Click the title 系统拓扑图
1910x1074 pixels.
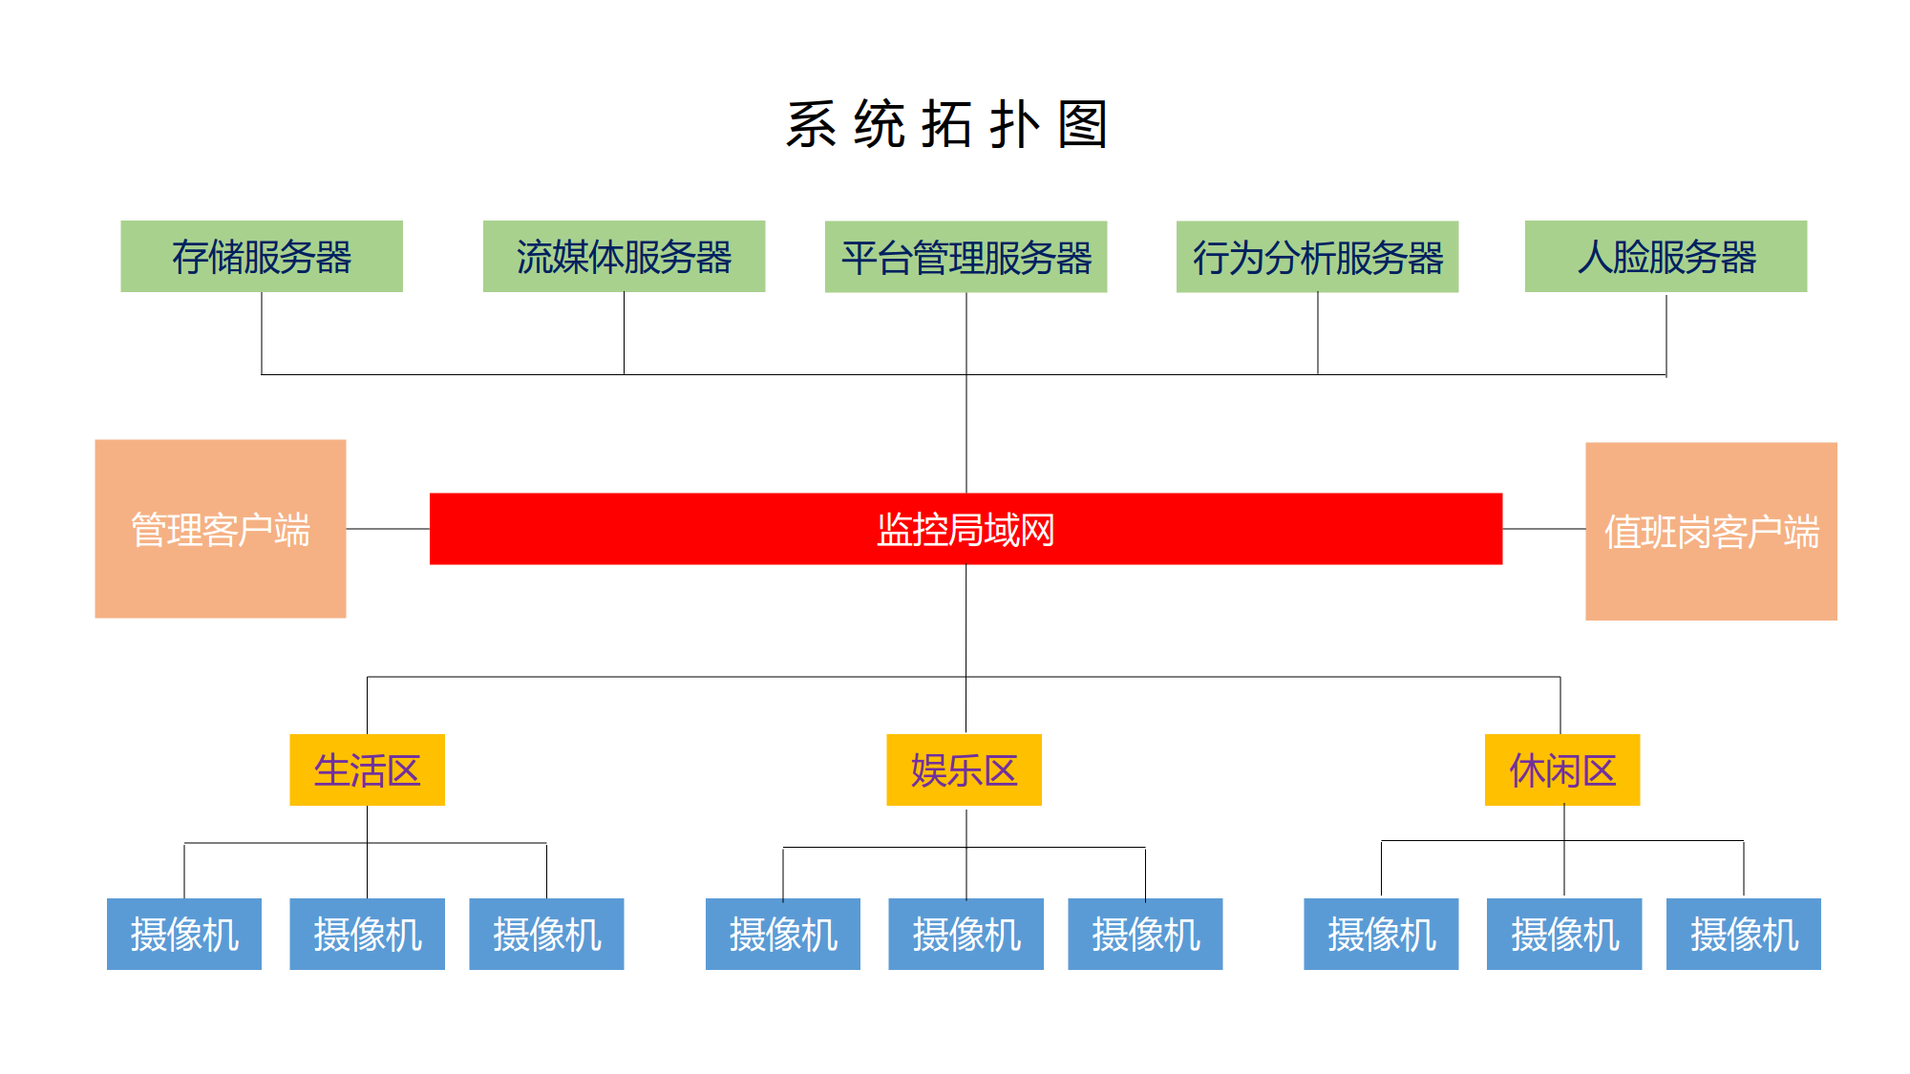946,124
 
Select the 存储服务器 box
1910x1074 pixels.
262,256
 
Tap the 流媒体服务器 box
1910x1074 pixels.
624,256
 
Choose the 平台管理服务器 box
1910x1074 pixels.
966,257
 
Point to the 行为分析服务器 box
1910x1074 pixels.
1317,257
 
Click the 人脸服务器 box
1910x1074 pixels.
1666,256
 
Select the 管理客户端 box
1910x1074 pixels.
221,528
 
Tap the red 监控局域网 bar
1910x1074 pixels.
966,529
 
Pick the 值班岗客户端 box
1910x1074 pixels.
1710,531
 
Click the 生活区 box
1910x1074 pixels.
367,769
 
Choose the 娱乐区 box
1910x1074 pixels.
964,769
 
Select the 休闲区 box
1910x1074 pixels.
1561,769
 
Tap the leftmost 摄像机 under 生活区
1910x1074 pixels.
184,934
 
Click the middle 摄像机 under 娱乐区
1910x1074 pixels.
966,934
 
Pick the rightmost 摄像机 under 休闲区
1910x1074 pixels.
1743,934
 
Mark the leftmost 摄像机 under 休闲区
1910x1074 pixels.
1381,934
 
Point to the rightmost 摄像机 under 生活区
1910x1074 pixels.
546,934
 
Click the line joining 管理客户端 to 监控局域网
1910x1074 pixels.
388,528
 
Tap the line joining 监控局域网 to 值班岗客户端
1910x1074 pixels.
1543,528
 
